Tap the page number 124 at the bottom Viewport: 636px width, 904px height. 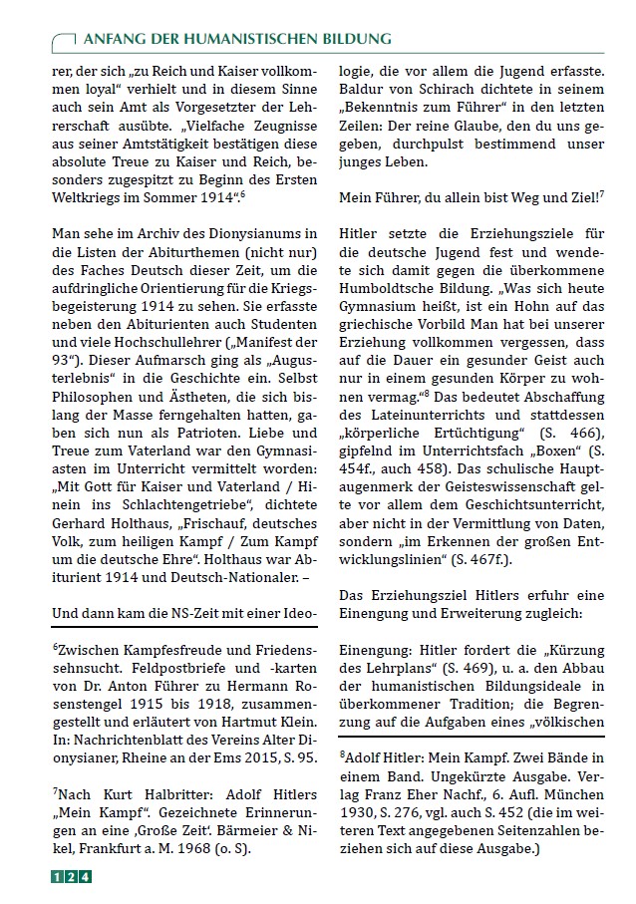pos(72,877)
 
